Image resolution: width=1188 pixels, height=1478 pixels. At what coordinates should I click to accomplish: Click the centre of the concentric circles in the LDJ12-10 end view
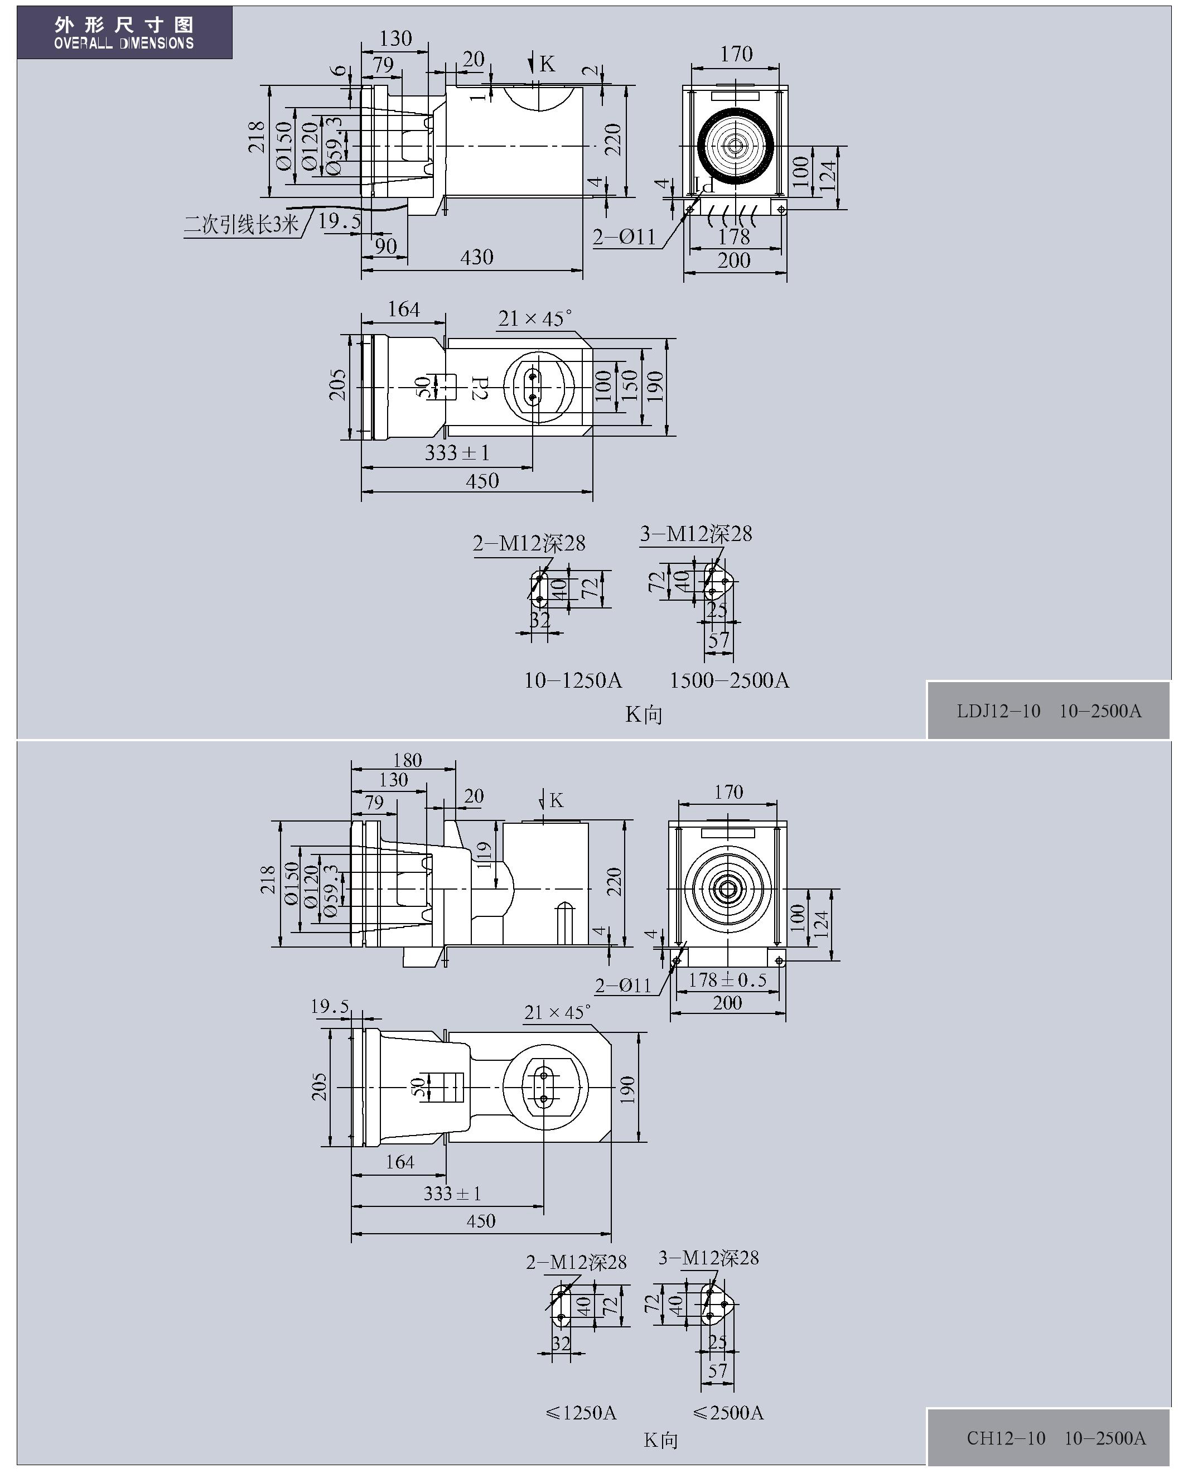click(736, 146)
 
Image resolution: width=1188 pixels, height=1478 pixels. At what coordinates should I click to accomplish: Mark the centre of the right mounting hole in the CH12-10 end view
click(779, 960)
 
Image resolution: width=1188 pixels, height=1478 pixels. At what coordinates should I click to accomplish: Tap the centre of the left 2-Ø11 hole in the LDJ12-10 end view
click(689, 209)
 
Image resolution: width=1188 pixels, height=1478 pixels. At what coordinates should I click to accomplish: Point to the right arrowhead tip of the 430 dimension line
click(583, 270)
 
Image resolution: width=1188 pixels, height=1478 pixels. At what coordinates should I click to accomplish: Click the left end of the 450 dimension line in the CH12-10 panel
click(351, 1234)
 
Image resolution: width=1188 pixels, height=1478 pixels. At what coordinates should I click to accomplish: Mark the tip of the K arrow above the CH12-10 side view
click(543, 809)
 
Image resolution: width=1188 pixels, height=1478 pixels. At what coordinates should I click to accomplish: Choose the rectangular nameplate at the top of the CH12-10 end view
click(727, 832)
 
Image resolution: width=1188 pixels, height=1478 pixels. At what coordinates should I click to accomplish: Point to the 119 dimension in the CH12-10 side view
click(484, 856)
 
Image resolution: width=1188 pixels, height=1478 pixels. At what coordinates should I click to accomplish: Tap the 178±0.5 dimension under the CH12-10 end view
click(727, 979)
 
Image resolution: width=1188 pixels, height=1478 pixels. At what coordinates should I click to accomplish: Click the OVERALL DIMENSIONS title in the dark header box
click(124, 43)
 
